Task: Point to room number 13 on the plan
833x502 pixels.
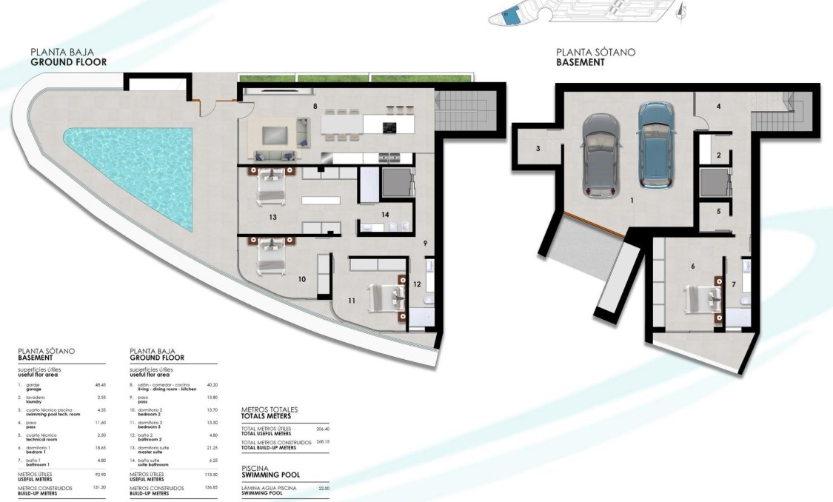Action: click(273, 218)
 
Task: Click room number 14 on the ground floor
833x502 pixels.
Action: click(385, 215)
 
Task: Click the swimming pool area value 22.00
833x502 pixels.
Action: click(323, 488)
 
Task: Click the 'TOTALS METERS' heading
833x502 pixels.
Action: click(271, 416)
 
